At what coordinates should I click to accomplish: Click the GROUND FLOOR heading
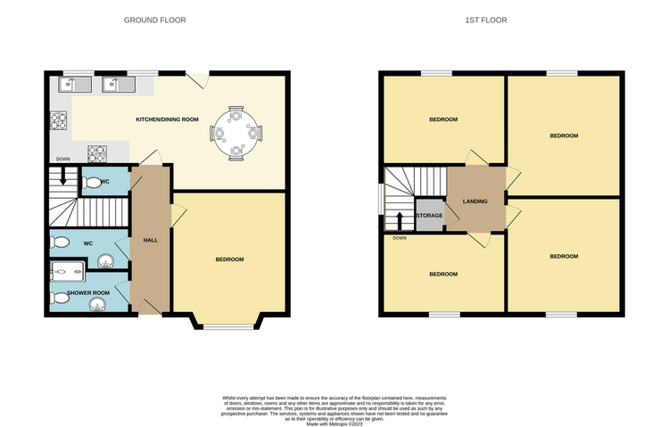[155, 20]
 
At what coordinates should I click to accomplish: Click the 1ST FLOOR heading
[486, 20]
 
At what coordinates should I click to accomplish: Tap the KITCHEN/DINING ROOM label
[168, 119]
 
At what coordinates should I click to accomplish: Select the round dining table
[236, 134]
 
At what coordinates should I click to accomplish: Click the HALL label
[151, 240]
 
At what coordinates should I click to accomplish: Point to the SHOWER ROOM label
[88, 293]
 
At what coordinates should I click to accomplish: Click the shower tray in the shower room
[68, 271]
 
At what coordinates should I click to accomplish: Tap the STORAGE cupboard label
[429, 216]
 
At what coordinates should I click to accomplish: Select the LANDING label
[475, 201]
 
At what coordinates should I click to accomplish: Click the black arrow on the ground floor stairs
[63, 177]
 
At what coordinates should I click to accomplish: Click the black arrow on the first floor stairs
[400, 221]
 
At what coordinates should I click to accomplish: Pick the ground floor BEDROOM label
[229, 259]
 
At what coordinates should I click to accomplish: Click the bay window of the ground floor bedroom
[227, 327]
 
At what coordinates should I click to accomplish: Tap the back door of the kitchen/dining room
[197, 80]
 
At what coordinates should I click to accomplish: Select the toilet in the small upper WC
[90, 183]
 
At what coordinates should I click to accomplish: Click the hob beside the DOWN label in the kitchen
[97, 154]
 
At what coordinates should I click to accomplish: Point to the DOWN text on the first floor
[400, 238]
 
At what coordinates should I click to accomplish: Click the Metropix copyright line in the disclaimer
[334, 424]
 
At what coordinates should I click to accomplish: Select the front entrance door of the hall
[146, 308]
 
